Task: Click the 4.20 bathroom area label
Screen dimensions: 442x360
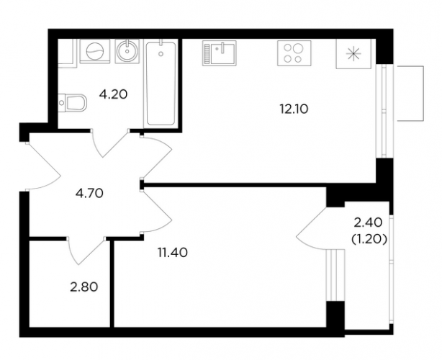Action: [113, 94]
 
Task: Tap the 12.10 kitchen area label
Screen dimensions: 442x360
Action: [294, 109]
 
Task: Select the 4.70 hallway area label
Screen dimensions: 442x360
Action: [90, 194]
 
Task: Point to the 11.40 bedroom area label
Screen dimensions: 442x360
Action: [173, 253]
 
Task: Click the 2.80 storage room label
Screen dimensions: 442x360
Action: [84, 287]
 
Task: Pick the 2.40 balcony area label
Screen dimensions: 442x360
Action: [368, 223]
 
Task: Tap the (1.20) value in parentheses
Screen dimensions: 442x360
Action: [369, 239]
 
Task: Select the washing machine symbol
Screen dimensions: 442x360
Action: [95, 51]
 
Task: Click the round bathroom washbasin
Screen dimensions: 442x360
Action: [127, 51]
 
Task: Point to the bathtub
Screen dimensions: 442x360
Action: [161, 83]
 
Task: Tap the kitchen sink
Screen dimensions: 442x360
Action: [220, 53]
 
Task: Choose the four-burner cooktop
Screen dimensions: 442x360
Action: [294, 53]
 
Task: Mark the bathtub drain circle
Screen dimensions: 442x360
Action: [161, 53]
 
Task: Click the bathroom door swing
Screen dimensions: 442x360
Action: [110, 143]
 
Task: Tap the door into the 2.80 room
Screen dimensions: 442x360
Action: [86, 251]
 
